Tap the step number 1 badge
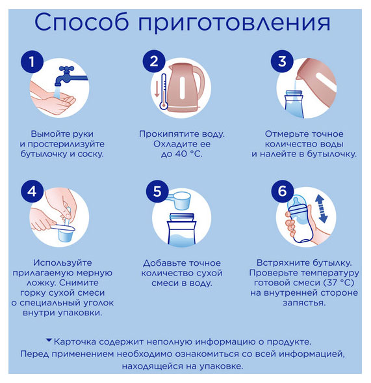(x=32, y=61)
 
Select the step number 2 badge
(x=154, y=61)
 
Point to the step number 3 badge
(x=282, y=61)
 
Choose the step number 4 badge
(x=32, y=191)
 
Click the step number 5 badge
(x=157, y=191)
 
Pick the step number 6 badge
(x=283, y=191)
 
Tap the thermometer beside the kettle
(x=164, y=91)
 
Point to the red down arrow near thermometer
(x=157, y=89)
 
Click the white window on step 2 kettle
(x=182, y=88)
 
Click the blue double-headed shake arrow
(x=322, y=210)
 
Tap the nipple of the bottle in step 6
(x=296, y=201)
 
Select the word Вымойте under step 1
(x=49, y=134)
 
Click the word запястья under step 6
(x=304, y=303)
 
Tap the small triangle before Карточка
(x=49, y=340)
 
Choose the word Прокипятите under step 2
(x=170, y=134)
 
